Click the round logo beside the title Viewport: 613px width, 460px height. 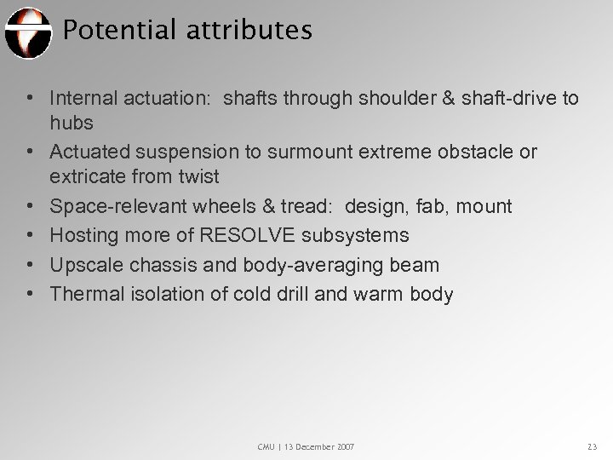pyautogui.click(x=27, y=32)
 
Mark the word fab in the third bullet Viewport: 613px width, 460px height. pyautogui.click(x=430, y=206)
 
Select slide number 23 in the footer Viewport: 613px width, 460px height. pyautogui.click(x=593, y=446)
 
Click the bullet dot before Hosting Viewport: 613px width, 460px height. pyautogui.click(x=31, y=235)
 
